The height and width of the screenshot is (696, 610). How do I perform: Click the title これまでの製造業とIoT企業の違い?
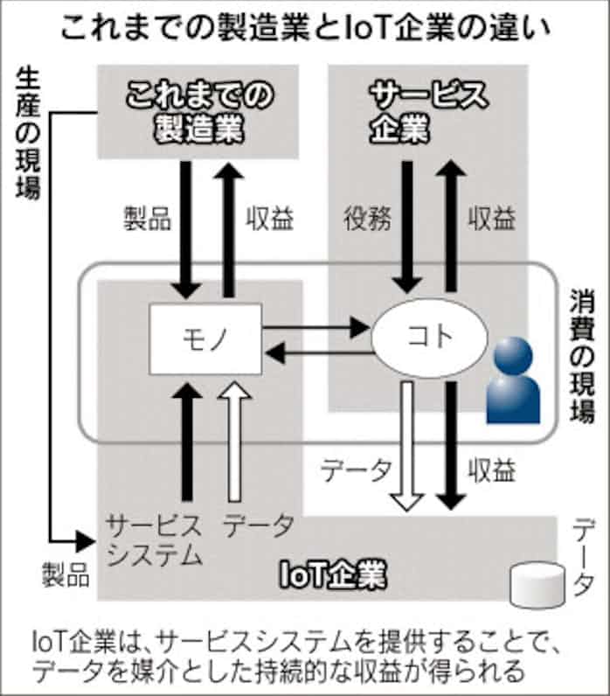coord(304,29)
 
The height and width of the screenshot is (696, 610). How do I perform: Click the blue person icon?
coord(514,380)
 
